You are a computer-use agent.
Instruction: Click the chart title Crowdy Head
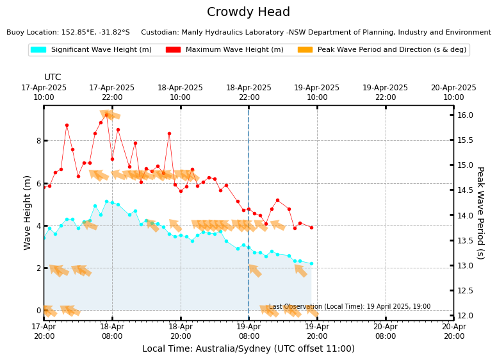coord(248,12)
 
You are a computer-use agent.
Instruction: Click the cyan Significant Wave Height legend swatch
coord(38,49)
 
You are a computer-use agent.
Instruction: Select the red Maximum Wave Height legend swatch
coord(173,49)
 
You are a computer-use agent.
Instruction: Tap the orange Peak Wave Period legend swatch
coord(305,49)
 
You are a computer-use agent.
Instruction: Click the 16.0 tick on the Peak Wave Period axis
coord(465,115)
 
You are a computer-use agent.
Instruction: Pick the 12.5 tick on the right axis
coord(465,291)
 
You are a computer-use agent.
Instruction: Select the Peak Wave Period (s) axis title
coord(480,213)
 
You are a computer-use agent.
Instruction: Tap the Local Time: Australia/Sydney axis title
coord(248,349)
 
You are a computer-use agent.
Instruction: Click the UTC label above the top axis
coord(53,78)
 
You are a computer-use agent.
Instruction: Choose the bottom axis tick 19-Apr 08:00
coord(248,332)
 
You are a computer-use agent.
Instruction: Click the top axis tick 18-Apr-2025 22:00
coord(248,92)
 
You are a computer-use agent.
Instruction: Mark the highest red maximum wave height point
coord(106,115)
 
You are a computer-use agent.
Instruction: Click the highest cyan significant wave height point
coord(106,201)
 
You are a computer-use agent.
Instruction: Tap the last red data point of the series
coord(311,227)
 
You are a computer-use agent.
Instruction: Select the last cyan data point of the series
coord(311,263)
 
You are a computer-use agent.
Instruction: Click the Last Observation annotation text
coord(350,307)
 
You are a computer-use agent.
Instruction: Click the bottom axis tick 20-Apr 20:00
coord(453,332)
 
